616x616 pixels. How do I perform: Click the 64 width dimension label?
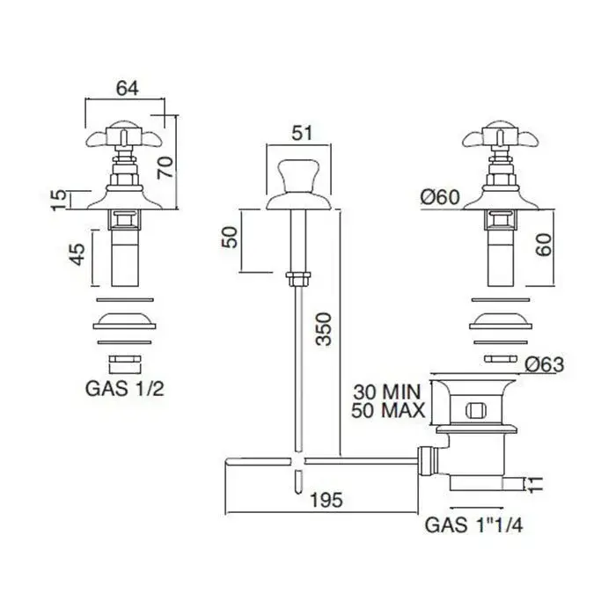(x=128, y=88)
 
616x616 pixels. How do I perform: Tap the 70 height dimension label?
(x=165, y=167)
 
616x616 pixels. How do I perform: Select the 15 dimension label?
(x=59, y=200)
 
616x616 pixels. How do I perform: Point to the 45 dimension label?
(x=77, y=254)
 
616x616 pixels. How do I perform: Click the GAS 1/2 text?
(x=125, y=389)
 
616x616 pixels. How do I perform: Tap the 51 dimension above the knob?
(x=302, y=133)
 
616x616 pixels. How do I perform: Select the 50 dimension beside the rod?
(x=230, y=237)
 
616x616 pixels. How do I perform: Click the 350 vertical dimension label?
(x=324, y=329)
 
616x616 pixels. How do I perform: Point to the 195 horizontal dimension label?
(x=326, y=500)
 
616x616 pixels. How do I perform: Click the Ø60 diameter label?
(x=440, y=197)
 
